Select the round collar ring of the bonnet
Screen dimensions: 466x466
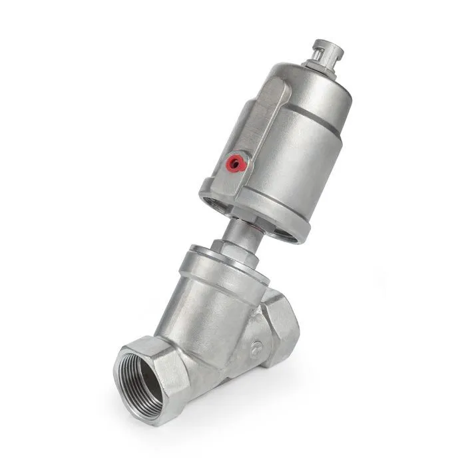pos(220,264)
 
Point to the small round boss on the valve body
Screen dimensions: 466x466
pos(257,347)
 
